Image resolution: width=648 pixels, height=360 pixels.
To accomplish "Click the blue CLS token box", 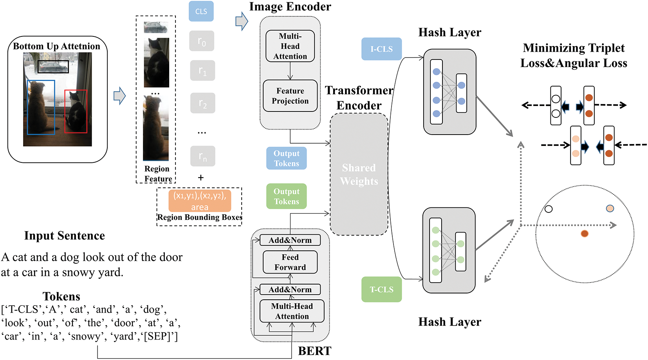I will click(201, 11).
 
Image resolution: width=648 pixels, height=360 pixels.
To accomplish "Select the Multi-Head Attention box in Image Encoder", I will click(290, 46).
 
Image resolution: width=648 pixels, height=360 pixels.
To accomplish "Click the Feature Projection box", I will click(290, 96).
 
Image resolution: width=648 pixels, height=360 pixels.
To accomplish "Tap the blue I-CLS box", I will click(381, 49).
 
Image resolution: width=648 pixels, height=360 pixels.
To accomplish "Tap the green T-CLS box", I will click(381, 290).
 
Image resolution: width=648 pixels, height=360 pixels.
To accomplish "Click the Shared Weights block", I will click(359, 175).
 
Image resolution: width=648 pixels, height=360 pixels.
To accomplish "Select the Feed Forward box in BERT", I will click(290, 262).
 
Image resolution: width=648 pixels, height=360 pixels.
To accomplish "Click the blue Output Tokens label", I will click(286, 158).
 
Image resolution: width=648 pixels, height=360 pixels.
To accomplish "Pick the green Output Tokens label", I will click(286, 196).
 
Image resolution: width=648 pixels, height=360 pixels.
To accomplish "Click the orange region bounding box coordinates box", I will click(200, 201).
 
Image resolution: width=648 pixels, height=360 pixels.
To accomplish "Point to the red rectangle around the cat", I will click(76, 112).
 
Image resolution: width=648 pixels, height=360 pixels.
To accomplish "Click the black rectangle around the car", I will click(53, 67).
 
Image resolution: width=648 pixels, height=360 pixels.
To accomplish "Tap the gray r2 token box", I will click(202, 103).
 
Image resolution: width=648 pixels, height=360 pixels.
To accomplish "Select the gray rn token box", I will click(202, 156).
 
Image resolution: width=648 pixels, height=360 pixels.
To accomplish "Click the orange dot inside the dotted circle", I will click(585, 234).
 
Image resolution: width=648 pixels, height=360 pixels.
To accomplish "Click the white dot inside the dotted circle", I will click(549, 209).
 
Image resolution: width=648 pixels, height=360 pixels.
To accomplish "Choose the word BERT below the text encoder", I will click(314, 351).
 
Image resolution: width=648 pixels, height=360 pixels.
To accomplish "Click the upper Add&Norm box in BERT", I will click(290, 240).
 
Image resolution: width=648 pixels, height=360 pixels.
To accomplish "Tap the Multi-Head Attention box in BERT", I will click(292, 311).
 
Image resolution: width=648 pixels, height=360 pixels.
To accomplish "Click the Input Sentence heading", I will click(65, 236).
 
